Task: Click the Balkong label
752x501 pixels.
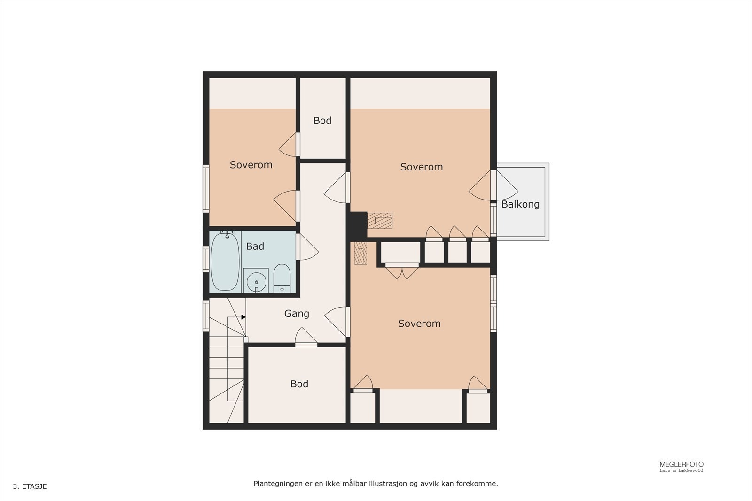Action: [x=520, y=204]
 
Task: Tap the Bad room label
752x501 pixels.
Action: [x=255, y=246]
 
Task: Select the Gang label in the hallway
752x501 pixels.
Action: [x=297, y=314]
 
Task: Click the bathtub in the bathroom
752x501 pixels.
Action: [x=225, y=262]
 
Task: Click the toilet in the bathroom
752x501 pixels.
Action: [x=282, y=278]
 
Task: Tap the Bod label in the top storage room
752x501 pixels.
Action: [x=322, y=121]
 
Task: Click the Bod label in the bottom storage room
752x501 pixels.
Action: [x=299, y=384]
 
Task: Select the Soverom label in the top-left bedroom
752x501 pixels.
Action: [x=251, y=165]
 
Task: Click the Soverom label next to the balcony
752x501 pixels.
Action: [x=421, y=167]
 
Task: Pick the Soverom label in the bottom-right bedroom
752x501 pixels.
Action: [x=419, y=324]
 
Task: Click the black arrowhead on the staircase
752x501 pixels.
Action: [x=243, y=317]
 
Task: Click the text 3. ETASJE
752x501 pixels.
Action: [x=30, y=486]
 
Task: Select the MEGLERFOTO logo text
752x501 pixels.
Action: [x=681, y=464]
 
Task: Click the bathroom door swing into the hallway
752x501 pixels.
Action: [x=307, y=247]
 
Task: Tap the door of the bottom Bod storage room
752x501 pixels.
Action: [x=306, y=338]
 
